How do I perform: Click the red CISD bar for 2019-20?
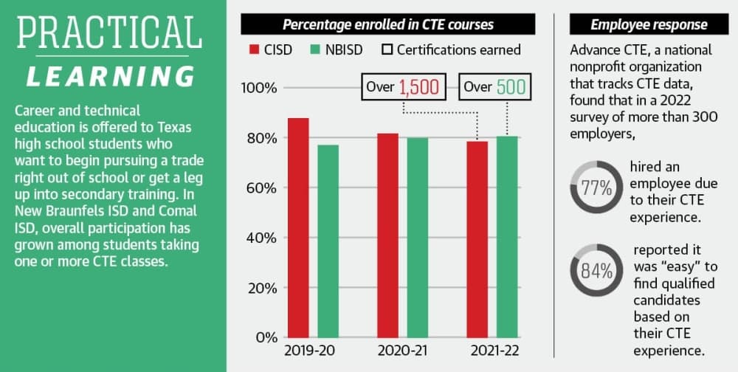[x=298, y=228]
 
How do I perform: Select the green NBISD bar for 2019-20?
[x=328, y=241]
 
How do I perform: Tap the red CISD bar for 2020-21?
[x=388, y=235]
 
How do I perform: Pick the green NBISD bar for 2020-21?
[x=418, y=238]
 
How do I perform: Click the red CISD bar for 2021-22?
[x=477, y=240]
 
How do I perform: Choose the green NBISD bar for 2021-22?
[x=507, y=237]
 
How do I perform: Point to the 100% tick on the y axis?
[x=259, y=88]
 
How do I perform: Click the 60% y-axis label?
[x=261, y=188]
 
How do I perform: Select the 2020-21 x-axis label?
[x=403, y=351]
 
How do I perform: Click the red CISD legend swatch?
[x=255, y=49]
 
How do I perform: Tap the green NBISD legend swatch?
[x=315, y=49]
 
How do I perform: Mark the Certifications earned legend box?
[x=387, y=49]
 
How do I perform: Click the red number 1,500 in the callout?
[x=419, y=87]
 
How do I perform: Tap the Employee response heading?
[x=649, y=24]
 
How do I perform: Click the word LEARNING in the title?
[x=110, y=76]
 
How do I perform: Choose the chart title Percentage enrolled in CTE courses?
[x=388, y=24]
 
